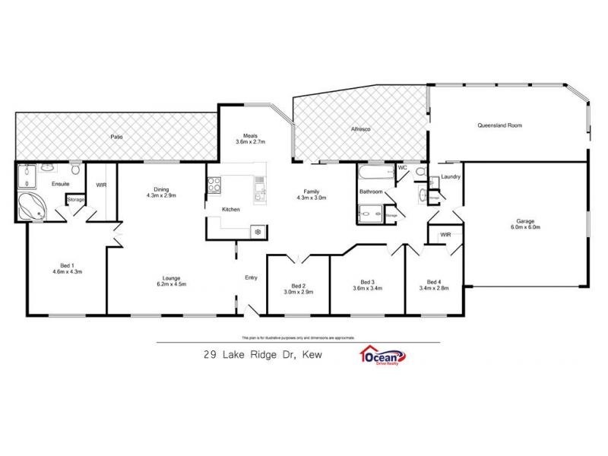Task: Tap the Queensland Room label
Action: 499,125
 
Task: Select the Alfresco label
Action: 360,130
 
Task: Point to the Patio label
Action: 116,137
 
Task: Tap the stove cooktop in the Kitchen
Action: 214,183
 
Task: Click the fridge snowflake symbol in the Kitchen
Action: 258,231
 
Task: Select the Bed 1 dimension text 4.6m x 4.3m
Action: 67,271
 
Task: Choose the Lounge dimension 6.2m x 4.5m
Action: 171,283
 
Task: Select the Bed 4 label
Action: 435,282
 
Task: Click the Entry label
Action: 252,277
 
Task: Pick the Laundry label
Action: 451,177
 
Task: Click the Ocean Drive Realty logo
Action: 382,356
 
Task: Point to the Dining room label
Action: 161,189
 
